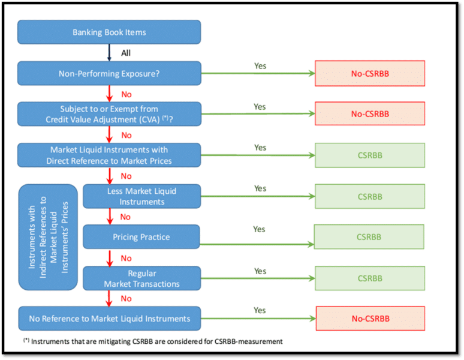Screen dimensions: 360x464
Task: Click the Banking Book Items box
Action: (x=109, y=32)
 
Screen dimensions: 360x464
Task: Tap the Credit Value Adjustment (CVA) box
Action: (x=109, y=114)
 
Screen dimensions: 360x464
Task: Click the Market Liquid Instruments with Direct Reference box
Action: (x=109, y=155)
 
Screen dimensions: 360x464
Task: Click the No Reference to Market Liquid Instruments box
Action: (x=109, y=319)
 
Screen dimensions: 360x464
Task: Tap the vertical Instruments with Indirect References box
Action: (x=48, y=237)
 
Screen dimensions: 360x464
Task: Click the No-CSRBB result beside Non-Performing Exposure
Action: (x=370, y=73)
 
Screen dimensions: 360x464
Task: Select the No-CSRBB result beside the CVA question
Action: (x=370, y=114)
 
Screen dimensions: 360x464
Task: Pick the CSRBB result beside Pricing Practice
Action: (x=369, y=236)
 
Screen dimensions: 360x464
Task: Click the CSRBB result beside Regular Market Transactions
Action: (x=370, y=278)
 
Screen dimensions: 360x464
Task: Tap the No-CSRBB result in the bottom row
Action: (x=370, y=319)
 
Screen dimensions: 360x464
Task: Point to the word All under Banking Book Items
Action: (x=126, y=53)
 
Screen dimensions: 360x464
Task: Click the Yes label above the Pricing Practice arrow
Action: (x=259, y=229)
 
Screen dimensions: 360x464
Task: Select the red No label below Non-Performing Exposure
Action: (x=126, y=94)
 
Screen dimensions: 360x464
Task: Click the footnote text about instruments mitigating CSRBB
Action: (x=153, y=341)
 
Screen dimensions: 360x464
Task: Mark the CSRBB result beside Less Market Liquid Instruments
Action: (x=370, y=196)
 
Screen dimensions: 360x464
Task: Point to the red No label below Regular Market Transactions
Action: (x=126, y=298)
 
